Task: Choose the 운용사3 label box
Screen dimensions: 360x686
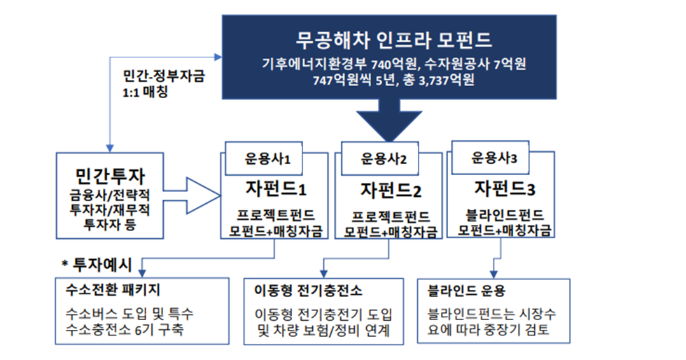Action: (x=495, y=158)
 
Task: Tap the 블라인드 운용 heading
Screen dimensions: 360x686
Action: (x=461, y=289)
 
